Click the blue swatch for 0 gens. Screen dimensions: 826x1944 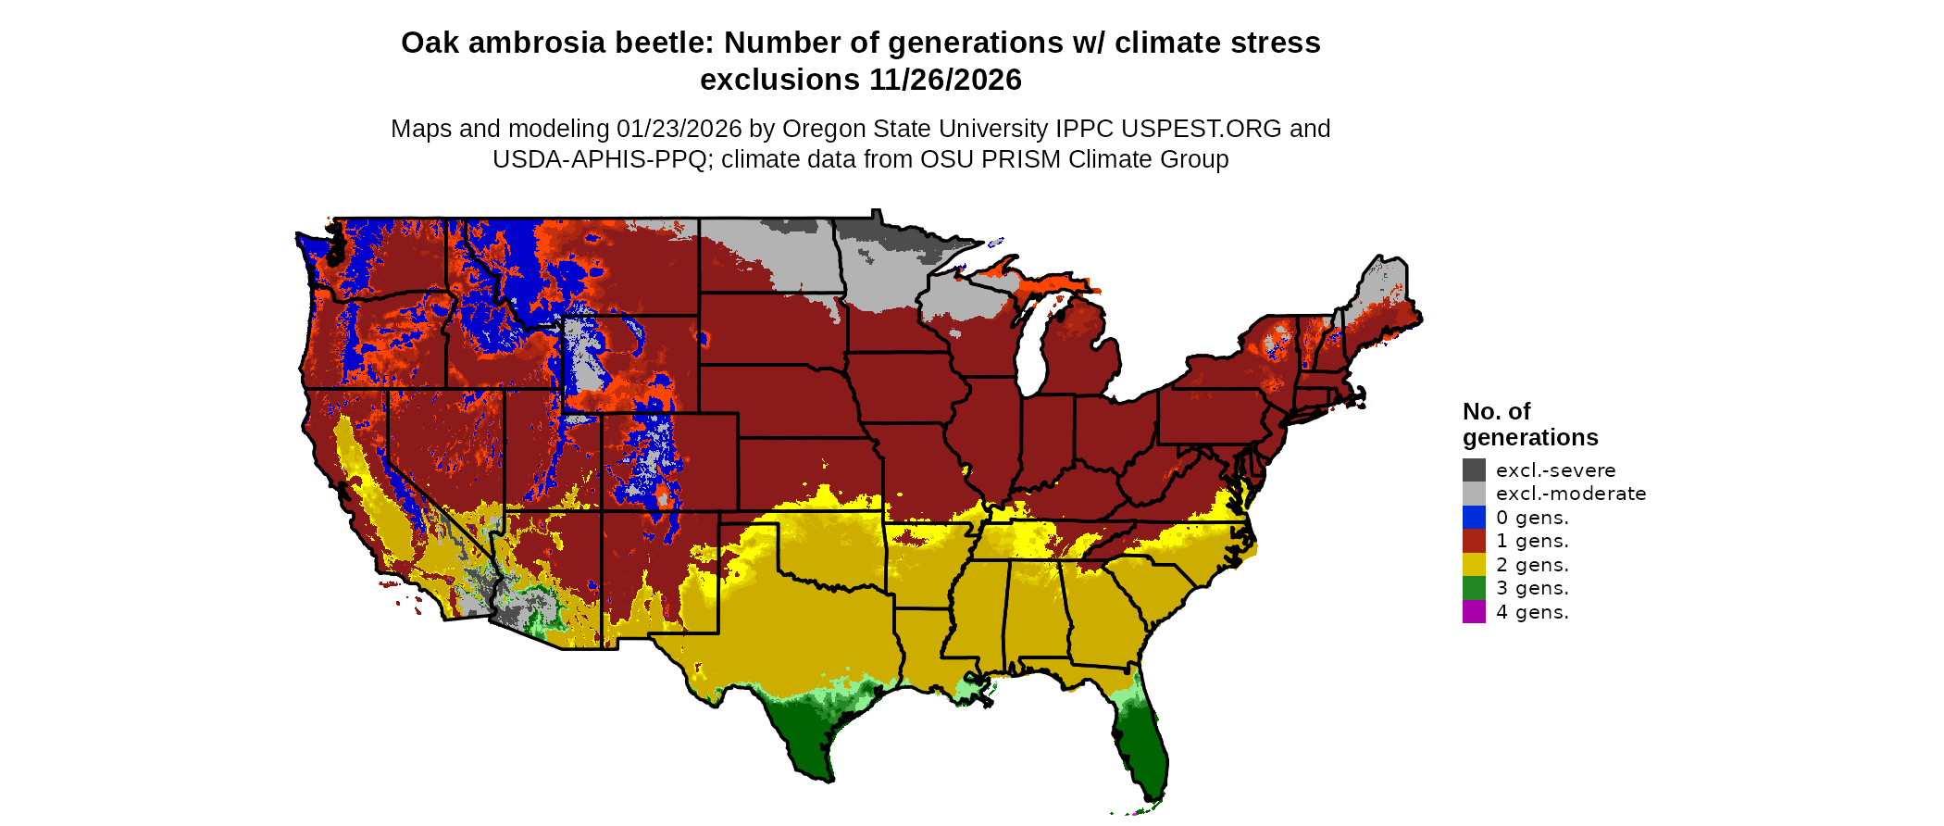tap(1474, 518)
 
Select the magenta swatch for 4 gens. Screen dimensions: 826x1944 tap(1474, 612)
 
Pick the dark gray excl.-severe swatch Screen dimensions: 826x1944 tap(1474, 470)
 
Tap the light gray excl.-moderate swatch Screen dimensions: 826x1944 tap(1474, 494)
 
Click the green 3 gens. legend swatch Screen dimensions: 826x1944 tap(1474, 588)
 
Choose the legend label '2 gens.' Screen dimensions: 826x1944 tap(1532, 565)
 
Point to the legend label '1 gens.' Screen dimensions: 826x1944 tap(1532, 541)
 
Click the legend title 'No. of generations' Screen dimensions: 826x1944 tap(1529, 424)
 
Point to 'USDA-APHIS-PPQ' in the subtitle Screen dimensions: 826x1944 tap(601, 159)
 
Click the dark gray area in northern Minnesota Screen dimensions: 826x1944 tap(903, 236)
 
